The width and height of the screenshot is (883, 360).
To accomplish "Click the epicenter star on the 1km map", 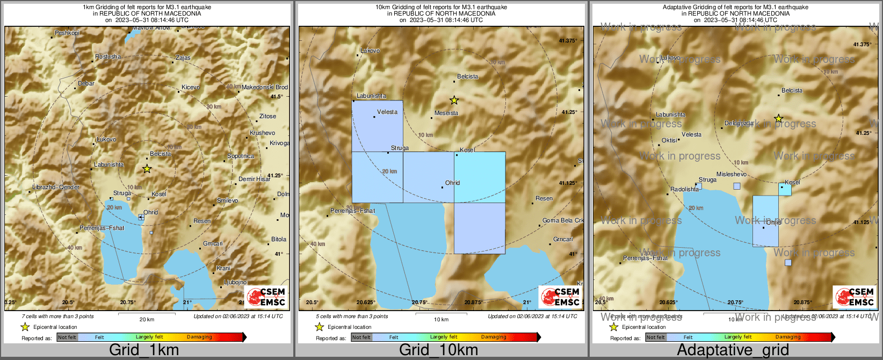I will [x=147, y=169].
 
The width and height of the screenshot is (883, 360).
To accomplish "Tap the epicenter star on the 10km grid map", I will [x=454, y=100].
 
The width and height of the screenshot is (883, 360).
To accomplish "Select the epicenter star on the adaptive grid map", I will [x=778, y=118].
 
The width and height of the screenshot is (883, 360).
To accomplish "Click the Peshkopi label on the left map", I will [x=67, y=33].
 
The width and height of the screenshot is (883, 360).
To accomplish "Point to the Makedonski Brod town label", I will [x=265, y=87].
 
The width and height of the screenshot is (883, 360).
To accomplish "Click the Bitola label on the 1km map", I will [x=279, y=239].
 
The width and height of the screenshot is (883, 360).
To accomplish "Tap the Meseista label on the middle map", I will [x=446, y=113].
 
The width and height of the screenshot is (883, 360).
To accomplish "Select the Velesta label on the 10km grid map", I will [x=387, y=112].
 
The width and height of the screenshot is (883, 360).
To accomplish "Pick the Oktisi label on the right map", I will [x=669, y=140].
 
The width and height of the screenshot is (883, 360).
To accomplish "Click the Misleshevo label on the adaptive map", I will [x=732, y=174].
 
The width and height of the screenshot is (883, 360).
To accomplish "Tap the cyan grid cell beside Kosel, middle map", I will [x=480, y=177].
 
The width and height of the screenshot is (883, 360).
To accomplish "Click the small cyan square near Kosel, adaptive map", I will [x=785, y=189].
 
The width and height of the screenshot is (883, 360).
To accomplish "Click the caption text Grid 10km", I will [x=438, y=350].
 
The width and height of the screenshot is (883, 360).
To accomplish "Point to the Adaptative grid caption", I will [x=733, y=350].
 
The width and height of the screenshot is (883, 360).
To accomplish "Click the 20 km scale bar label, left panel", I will [x=147, y=319].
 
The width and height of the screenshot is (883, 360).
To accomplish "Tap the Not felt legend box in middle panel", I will [x=361, y=337].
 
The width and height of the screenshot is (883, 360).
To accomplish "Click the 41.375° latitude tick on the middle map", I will [x=568, y=41].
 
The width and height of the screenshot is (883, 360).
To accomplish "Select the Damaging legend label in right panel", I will [x=788, y=337].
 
